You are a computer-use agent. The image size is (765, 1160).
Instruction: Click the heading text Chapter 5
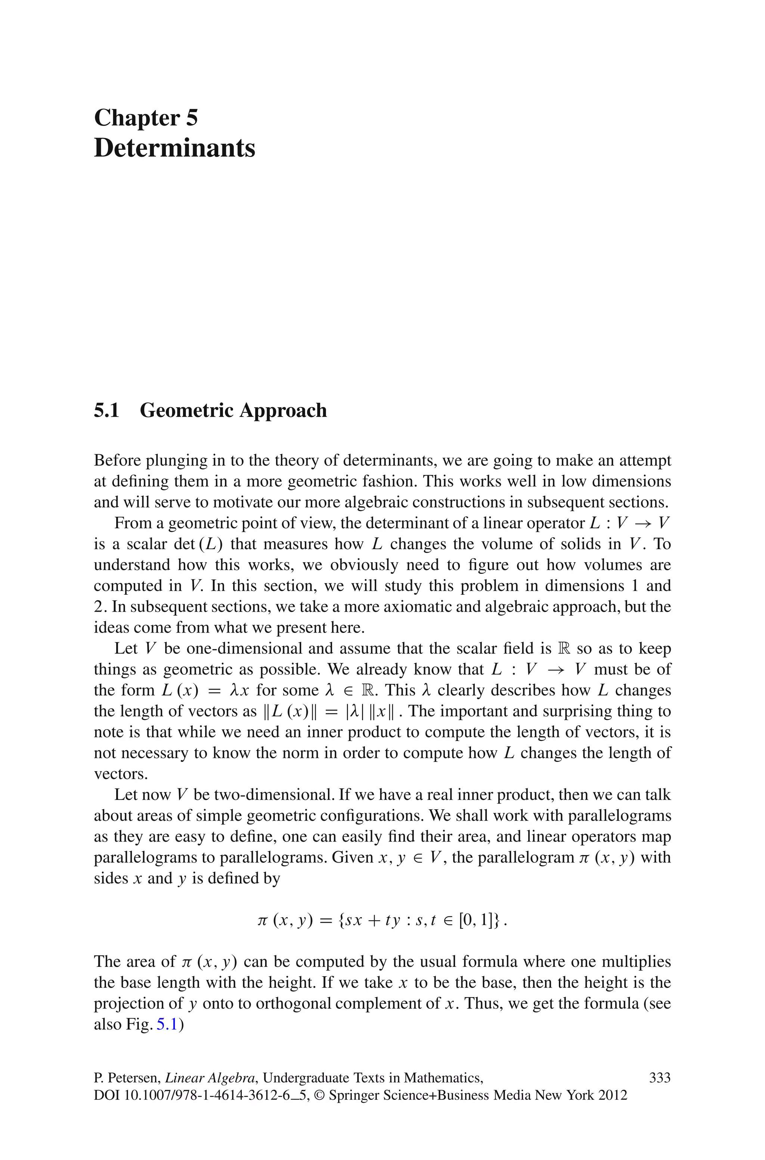146,118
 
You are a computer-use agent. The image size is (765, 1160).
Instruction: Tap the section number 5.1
106,410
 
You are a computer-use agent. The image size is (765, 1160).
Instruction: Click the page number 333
660,1077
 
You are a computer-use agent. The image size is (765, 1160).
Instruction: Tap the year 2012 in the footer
612,1096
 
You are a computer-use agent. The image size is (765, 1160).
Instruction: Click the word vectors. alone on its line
121,774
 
